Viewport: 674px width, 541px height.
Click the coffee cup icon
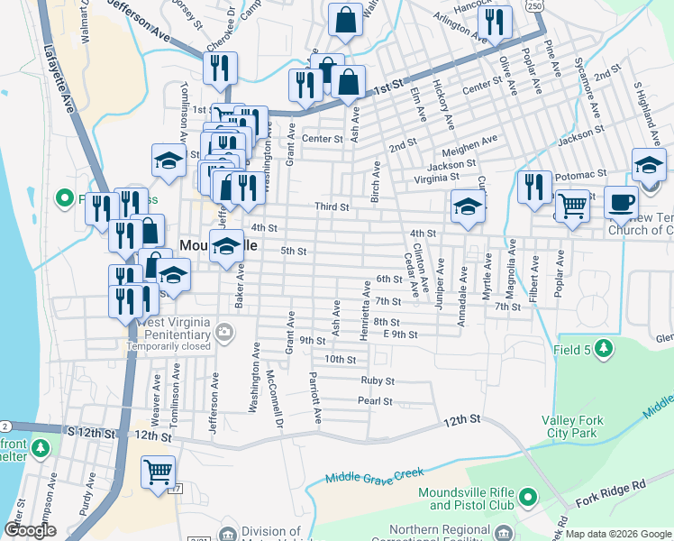619,202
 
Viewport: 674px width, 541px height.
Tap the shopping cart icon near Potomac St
573,206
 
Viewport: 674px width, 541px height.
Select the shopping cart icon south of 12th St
158,472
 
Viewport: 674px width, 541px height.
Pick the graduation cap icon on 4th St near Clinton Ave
468,206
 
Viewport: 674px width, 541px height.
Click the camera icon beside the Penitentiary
224,335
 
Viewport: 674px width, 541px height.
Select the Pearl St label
375,401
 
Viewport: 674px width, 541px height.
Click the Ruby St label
378,381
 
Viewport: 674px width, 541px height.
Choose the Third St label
331,207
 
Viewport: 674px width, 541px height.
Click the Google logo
31,530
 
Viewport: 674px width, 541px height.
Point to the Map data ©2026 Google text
618,534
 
